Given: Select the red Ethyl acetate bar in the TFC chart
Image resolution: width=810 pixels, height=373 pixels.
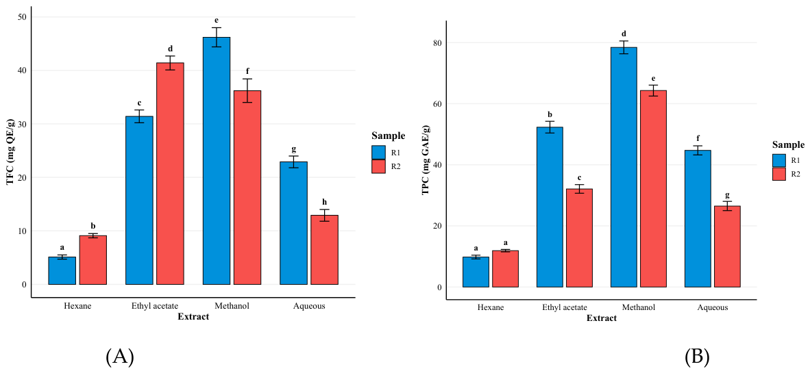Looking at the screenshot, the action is [x=171, y=173].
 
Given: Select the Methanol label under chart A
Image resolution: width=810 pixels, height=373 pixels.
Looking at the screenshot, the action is [x=232, y=306].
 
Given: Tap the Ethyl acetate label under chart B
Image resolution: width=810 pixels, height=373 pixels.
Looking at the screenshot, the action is [x=565, y=308].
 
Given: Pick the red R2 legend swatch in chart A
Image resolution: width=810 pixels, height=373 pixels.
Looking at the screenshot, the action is [x=379, y=166].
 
